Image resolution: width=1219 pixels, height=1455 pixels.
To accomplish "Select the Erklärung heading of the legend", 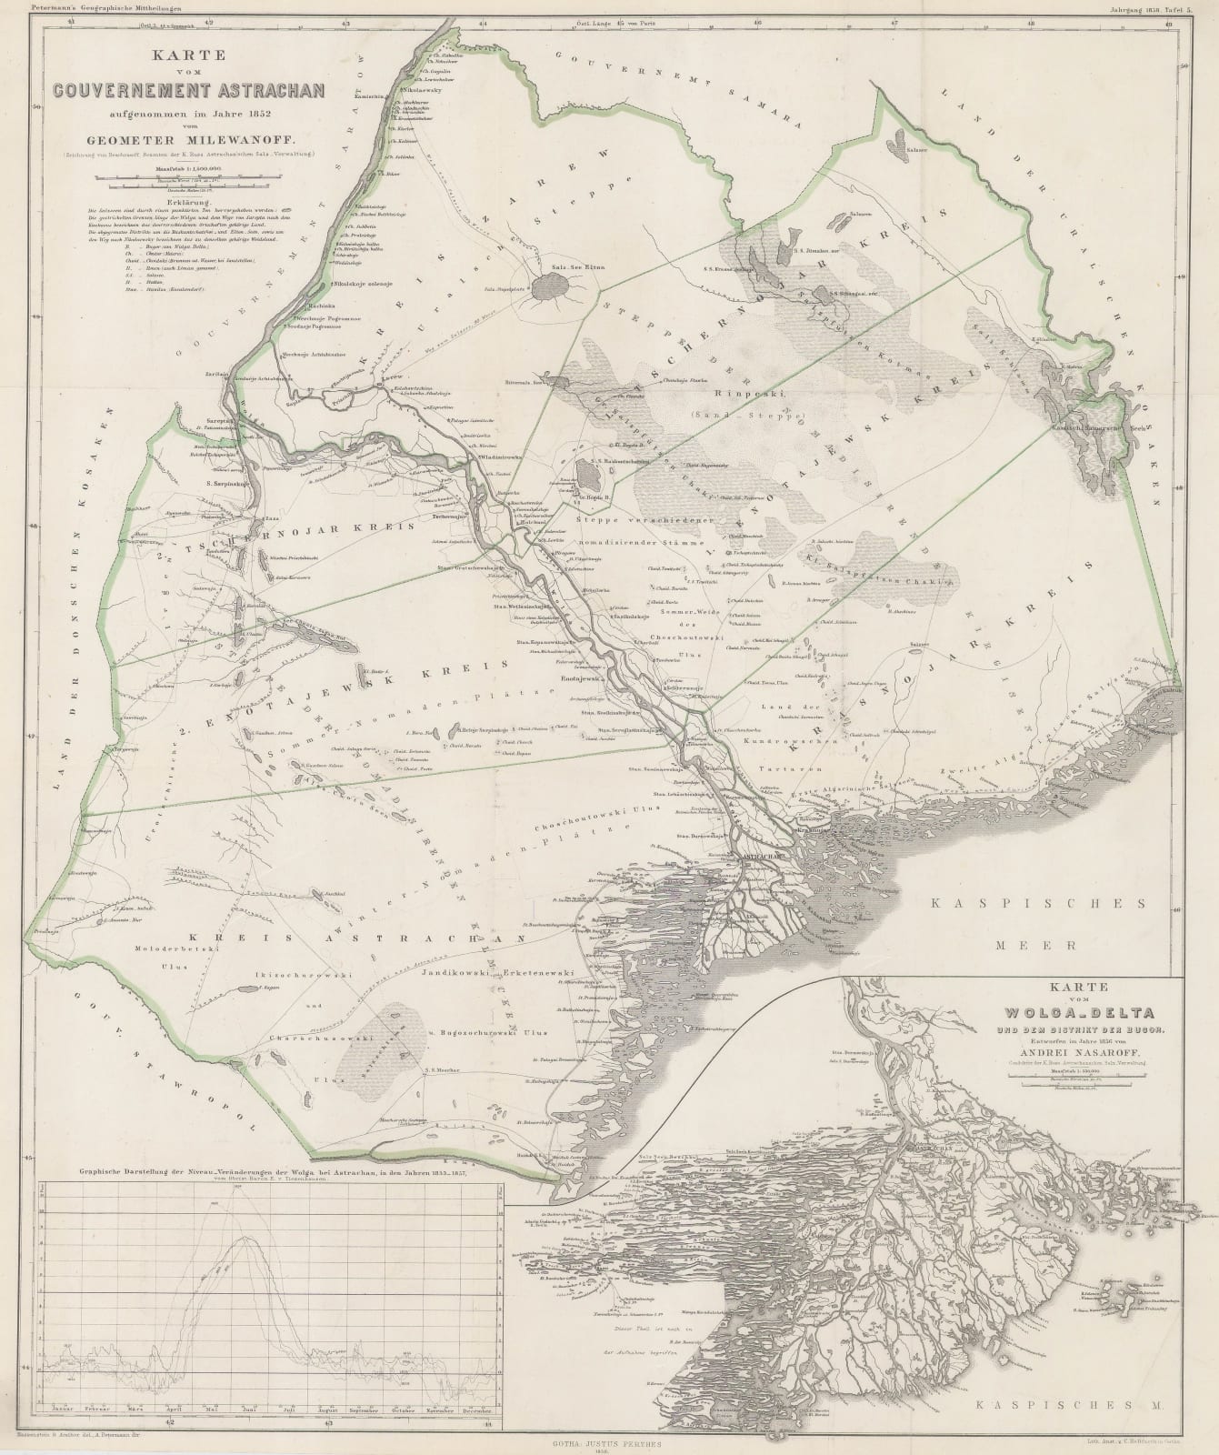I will pyautogui.click(x=189, y=203).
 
